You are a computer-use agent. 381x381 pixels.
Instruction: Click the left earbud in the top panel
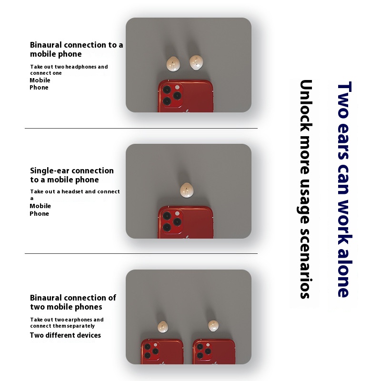[173, 64]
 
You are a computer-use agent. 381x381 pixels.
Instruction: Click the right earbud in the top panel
[196, 62]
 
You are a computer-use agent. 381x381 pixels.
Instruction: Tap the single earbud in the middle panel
[187, 190]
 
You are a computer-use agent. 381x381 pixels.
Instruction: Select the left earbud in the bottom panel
[163, 327]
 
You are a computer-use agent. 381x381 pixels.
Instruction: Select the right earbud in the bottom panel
[213, 326]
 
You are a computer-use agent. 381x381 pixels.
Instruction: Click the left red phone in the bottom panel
[162, 351]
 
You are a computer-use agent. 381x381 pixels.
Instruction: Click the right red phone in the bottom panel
[214, 351]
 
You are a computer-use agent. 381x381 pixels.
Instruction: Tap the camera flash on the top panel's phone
[177, 87]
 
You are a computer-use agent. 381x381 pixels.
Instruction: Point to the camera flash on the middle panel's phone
[177, 213]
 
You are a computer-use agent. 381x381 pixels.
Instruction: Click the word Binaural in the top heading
[46, 45]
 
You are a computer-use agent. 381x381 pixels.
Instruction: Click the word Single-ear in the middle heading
[46, 171]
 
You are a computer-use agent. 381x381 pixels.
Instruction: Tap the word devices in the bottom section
[89, 335]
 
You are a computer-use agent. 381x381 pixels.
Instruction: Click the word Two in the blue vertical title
[344, 100]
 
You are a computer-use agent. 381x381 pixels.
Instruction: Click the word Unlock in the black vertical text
[306, 106]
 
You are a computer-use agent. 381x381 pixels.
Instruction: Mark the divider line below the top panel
[141, 128]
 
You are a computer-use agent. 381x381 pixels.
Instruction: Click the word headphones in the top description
[81, 67]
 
